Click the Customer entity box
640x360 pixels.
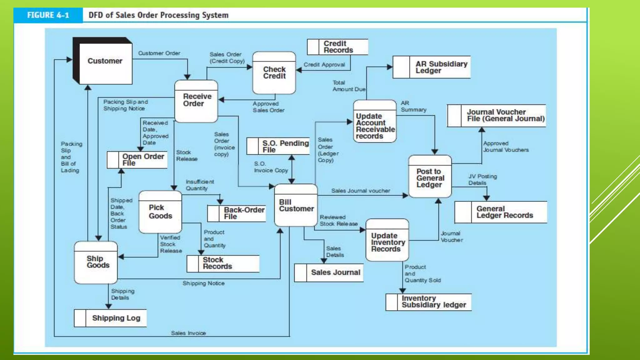pyautogui.click(x=105, y=62)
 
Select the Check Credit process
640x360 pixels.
pyautogui.click(x=274, y=73)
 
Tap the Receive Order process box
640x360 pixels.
pyautogui.click(x=196, y=101)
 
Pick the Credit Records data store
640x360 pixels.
pyautogui.click(x=337, y=47)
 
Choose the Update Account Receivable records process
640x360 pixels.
pyautogui.click(x=375, y=122)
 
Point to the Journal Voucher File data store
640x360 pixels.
pyautogui.click(x=497, y=116)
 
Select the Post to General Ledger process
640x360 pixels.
pyautogui.click(x=430, y=177)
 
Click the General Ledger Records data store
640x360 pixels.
pyautogui.click(x=501, y=212)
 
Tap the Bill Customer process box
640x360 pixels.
pyautogui.click(x=296, y=205)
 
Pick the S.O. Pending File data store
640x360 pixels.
pyautogui.click(x=278, y=146)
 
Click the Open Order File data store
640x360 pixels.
pyautogui.click(x=137, y=160)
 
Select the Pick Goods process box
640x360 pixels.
pyautogui.click(x=160, y=212)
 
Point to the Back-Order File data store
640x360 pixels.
pyautogui.click(x=237, y=213)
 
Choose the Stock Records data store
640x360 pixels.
pyautogui.click(x=223, y=263)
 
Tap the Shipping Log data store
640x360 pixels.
pyautogui.click(x=110, y=318)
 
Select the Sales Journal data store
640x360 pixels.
pyautogui.click(x=329, y=273)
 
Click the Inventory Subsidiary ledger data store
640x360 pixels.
pyautogui.click(x=428, y=302)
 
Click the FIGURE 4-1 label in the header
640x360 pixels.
pyautogui.click(x=48, y=15)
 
